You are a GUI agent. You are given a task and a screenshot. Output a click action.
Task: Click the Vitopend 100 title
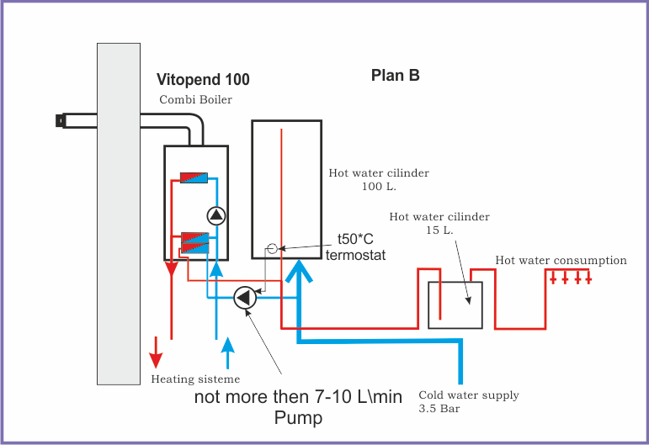coord(203,80)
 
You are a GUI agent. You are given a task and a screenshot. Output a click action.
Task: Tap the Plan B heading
coord(396,75)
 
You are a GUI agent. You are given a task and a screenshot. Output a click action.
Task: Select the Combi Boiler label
coord(195,100)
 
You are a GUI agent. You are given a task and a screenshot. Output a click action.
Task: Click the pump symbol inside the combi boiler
coord(216,215)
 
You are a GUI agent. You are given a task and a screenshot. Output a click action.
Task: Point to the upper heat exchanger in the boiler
coord(194,178)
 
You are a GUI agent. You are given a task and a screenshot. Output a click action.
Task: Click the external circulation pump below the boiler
coord(244,297)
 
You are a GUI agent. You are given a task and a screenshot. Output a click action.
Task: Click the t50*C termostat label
coord(355,246)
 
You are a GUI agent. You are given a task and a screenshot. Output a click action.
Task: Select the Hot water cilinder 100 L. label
coord(379,179)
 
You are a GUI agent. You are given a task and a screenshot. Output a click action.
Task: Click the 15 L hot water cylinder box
coord(455,305)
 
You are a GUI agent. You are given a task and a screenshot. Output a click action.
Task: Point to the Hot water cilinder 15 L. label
coord(439,223)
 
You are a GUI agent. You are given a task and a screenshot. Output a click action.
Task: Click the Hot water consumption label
coord(561,261)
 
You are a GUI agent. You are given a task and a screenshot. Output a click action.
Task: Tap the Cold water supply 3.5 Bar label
coord(469,401)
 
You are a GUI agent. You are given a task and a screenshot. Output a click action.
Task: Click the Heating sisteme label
coord(195,379)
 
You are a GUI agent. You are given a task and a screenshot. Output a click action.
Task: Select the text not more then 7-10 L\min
coord(298,396)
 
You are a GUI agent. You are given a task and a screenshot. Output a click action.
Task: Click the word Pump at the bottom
coord(298,417)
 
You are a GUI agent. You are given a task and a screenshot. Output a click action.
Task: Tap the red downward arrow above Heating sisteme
coord(157,348)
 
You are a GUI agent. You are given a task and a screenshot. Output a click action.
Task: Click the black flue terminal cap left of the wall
coord(61,120)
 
